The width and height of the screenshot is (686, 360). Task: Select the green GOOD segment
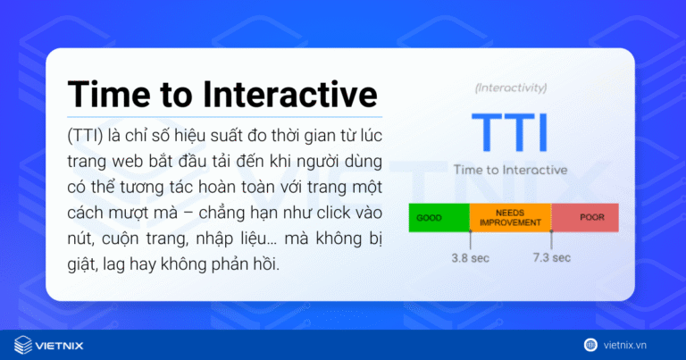[x=439, y=216]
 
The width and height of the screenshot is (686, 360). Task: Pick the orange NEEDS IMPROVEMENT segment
[x=510, y=216]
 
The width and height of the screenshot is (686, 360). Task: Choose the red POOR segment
[x=591, y=216]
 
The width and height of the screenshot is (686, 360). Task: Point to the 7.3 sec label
[x=551, y=258]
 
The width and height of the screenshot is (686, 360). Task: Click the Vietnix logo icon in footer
[x=22, y=344]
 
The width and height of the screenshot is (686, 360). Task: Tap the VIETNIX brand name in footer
[x=64, y=344]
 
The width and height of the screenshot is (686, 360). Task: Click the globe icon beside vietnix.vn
[x=590, y=344]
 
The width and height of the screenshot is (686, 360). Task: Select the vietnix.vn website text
[x=637, y=344]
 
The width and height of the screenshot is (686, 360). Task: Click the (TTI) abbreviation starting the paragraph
[x=86, y=135]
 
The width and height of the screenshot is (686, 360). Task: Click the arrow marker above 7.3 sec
[x=551, y=239]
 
